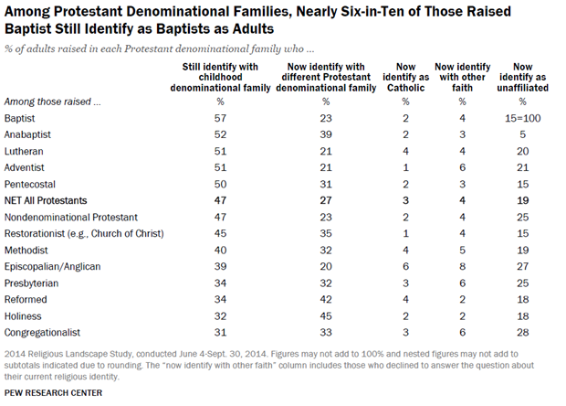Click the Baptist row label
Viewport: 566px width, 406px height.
(x=19, y=118)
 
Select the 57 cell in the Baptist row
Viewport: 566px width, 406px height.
(x=220, y=118)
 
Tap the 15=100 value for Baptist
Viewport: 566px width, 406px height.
(x=523, y=118)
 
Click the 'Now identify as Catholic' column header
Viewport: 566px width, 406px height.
(x=405, y=78)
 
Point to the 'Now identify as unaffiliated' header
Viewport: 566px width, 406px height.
(x=523, y=78)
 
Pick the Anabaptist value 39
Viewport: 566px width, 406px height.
(x=326, y=134)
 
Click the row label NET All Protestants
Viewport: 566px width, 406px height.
(x=46, y=200)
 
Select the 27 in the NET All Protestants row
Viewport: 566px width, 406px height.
(x=326, y=200)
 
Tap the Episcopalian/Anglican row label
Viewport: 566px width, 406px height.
(x=52, y=267)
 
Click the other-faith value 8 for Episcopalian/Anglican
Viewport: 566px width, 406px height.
(x=463, y=266)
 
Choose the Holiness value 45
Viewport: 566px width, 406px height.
(x=326, y=316)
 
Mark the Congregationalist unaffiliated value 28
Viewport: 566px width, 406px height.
(x=523, y=332)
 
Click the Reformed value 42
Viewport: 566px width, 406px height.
(x=326, y=299)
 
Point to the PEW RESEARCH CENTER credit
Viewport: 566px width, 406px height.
(x=53, y=392)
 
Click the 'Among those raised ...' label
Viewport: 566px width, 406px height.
(x=52, y=101)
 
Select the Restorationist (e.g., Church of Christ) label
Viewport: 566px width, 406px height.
(x=84, y=233)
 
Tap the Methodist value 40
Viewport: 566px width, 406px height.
(x=220, y=251)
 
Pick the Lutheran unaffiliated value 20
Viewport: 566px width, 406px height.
(x=523, y=151)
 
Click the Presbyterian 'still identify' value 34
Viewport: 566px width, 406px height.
(x=220, y=283)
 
